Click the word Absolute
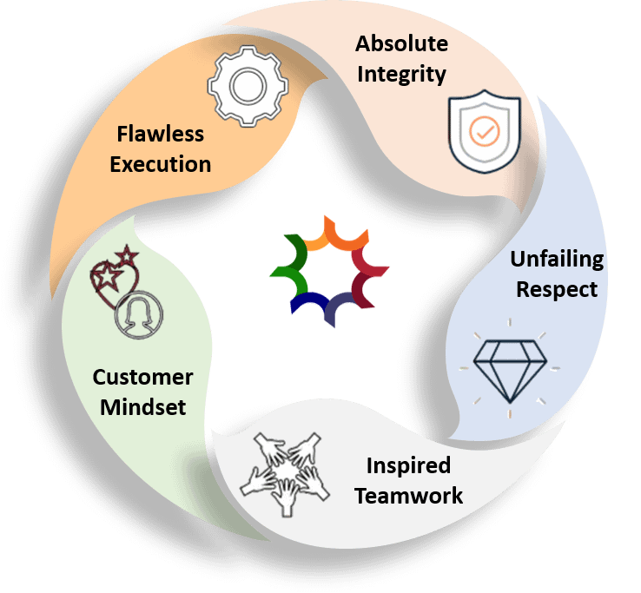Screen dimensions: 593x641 tap(401, 43)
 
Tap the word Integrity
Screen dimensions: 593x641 tap(401, 74)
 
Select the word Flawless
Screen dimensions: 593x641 tap(161, 134)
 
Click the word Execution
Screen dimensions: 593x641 tap(161, 164)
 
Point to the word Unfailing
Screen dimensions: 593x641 tap(557, 259)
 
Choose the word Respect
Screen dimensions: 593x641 tap(557, 289)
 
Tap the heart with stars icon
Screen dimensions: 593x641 tap(114, 276)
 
